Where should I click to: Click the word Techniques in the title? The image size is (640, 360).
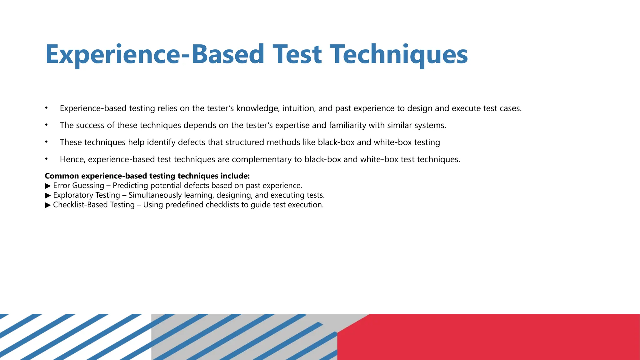(399, 54)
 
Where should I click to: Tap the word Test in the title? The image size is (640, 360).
(297, 54)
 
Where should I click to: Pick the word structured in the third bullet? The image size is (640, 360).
(245, 142)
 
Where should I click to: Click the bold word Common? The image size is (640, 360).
(62, 176)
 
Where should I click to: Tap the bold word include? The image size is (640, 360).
(235, 176)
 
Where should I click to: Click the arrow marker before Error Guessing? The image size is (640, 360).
(48, 186)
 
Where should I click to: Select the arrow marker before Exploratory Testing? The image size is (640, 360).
(48, 196)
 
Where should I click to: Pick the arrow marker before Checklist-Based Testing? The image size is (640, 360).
(48, 205)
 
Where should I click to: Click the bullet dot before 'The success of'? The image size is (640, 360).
(46, 125)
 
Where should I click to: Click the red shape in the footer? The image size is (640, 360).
(500, 337)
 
